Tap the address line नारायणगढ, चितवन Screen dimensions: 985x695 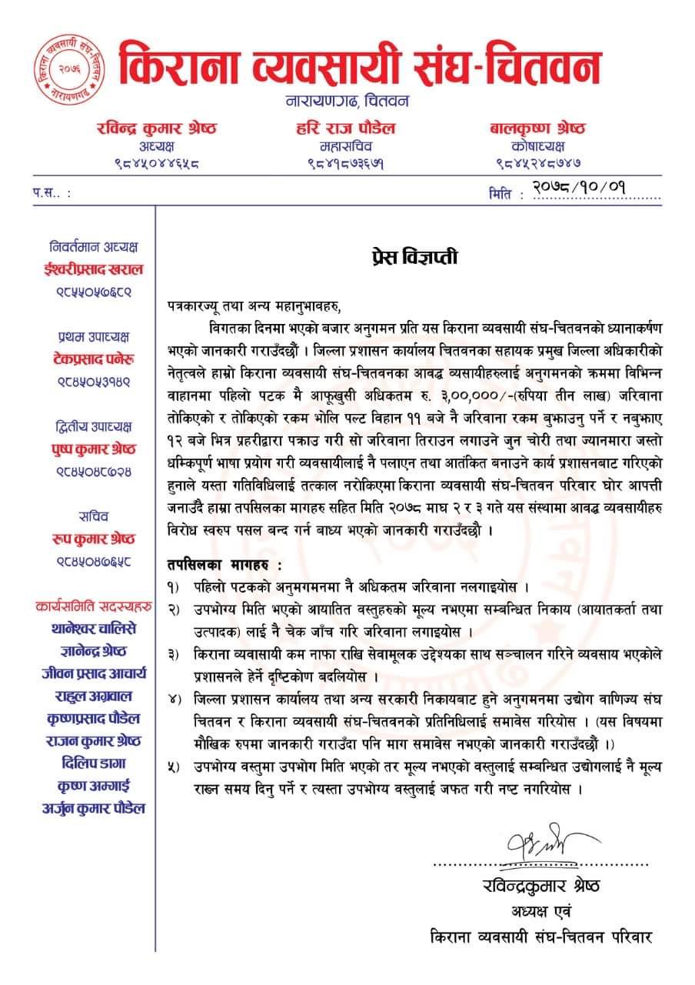[347, 101]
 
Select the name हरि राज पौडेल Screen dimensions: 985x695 [345, 128]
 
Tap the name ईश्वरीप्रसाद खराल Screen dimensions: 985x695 [93, 269]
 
